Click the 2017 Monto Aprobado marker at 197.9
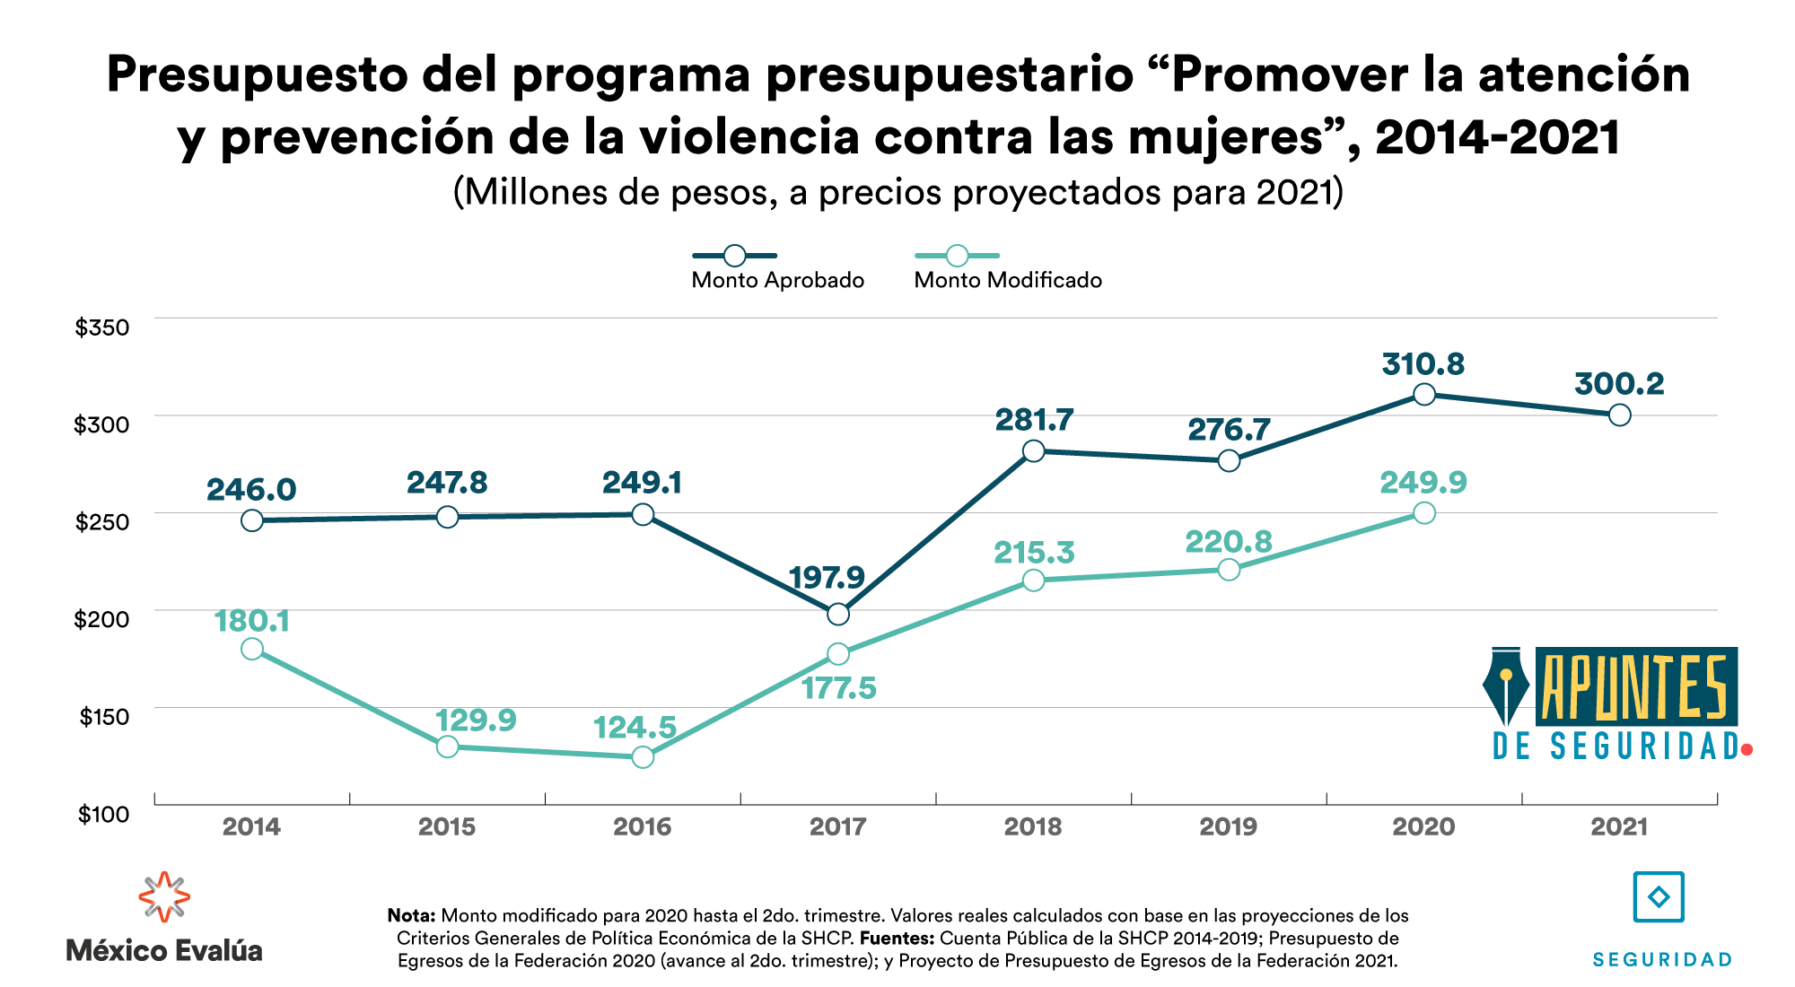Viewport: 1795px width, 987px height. point(838,614)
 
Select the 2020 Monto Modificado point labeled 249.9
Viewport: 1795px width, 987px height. point(1423,513)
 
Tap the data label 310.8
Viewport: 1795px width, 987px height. point(1423,364)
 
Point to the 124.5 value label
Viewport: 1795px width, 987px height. point(635,727)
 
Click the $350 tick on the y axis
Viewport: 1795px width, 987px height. point(102,328)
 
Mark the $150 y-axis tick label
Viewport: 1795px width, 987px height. point(104,717)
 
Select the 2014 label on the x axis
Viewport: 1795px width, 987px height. point(251,826)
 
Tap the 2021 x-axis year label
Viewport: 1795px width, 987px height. point(1619,826)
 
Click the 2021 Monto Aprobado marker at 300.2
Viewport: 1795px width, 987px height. point(1619,415)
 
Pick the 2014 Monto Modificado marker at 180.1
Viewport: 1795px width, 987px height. point(252,649)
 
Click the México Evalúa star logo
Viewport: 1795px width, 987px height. point(164,896)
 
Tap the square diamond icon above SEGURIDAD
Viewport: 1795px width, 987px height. point(1659,896)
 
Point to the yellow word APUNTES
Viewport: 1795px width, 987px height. point(1635,687)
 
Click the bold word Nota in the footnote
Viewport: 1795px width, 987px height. point(411,916)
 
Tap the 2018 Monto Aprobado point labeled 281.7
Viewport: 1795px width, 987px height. point(1033,450)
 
